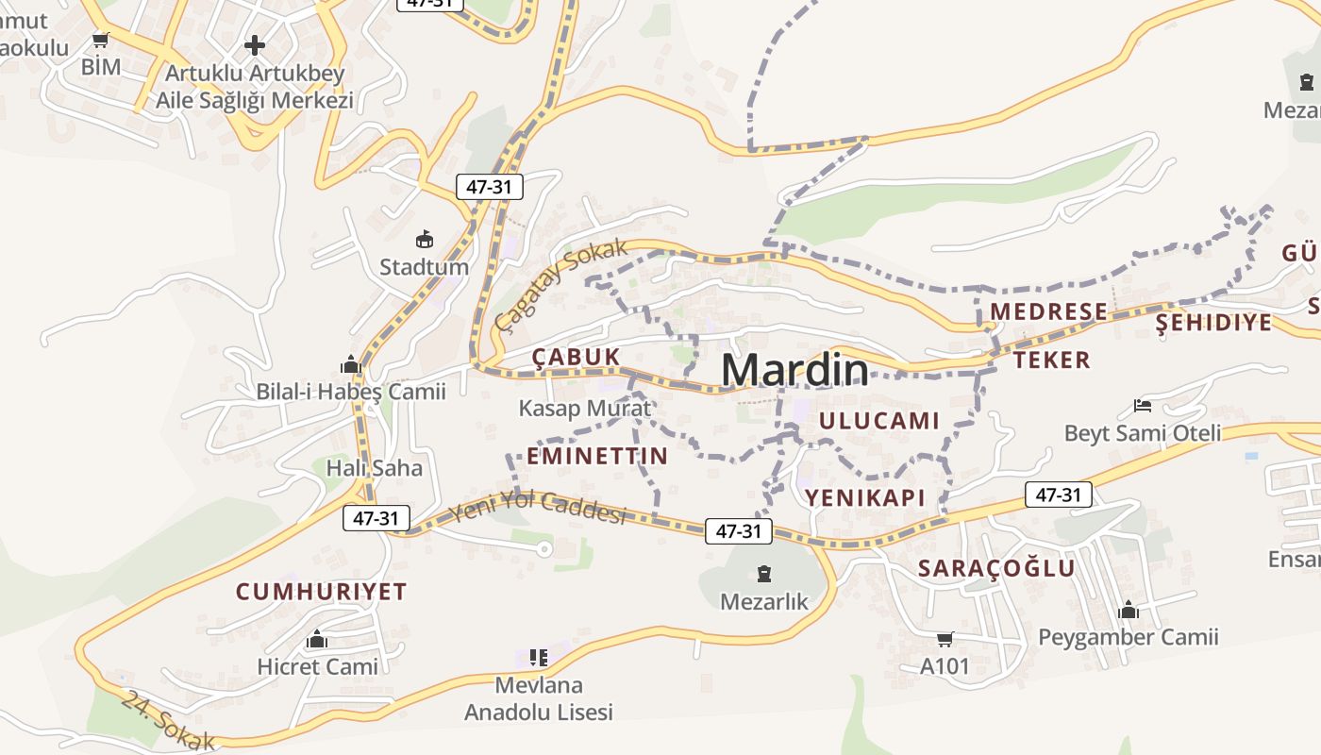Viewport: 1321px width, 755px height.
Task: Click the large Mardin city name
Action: point(794,371)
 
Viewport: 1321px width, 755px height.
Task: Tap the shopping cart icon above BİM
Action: point(101,41)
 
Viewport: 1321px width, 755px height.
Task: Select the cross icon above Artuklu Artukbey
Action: point(255,44)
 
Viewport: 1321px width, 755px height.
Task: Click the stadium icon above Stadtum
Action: point(425,239)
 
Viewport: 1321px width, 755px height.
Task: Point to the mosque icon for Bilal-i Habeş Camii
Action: point(351,364)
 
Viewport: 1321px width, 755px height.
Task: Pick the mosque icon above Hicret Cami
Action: point(317,640)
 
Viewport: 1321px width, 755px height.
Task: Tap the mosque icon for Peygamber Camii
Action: point(1129,611)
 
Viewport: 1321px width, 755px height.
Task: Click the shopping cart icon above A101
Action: point(945,640)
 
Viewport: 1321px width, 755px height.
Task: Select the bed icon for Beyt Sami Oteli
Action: point(1143,407)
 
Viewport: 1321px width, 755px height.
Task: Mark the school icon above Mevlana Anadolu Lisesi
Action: point(538,657)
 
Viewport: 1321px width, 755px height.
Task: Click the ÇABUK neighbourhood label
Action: point(576,357)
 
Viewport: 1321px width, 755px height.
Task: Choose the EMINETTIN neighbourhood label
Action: point(597,457)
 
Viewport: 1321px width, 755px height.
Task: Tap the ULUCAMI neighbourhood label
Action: point(879,421)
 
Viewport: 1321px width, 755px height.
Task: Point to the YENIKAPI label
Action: point(864,497)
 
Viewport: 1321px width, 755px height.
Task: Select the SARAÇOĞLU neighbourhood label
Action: point(996,568)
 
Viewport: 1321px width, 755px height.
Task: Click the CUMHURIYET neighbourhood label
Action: point(321,592)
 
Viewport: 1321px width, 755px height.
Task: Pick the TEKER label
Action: point(1052,360)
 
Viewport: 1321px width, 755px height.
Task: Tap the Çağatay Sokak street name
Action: point(561,285)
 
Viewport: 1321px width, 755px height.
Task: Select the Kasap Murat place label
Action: point(585,409)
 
